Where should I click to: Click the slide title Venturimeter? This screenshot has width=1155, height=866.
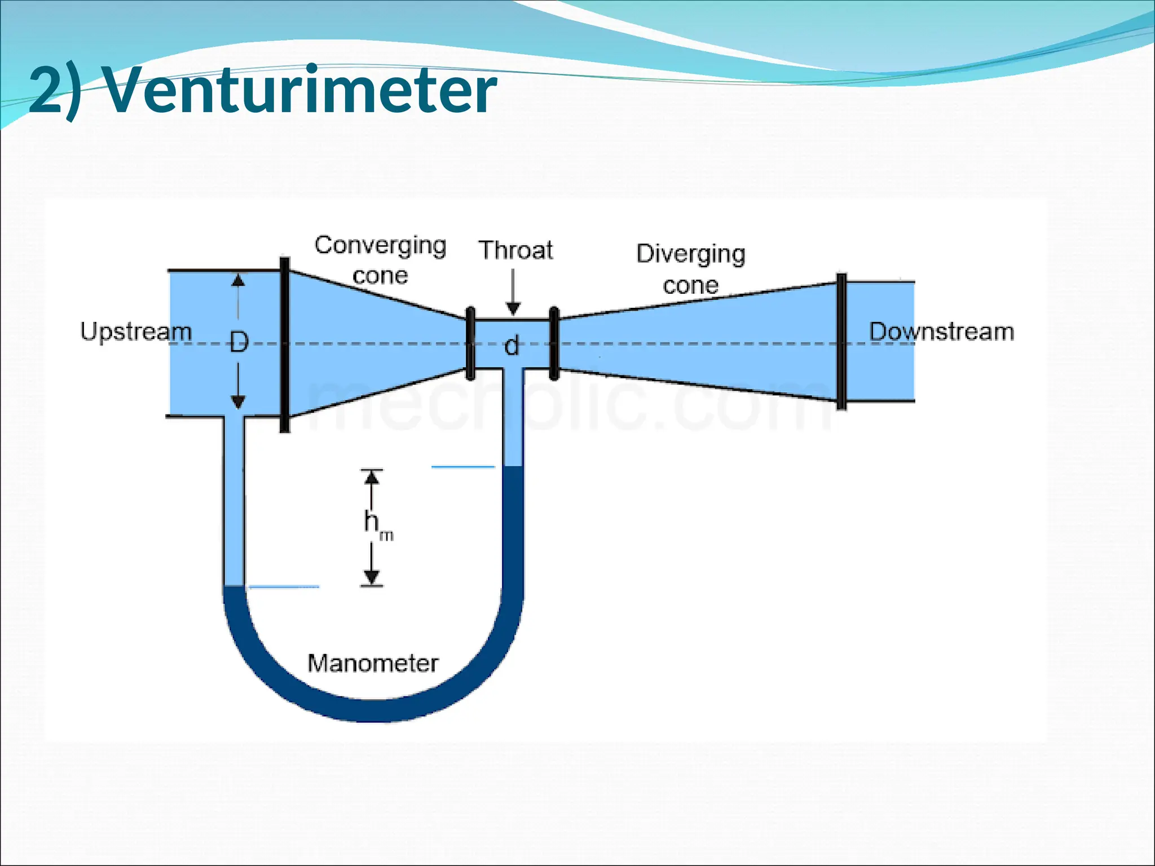[x=262, y=90]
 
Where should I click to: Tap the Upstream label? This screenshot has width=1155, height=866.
[x=136, y=331]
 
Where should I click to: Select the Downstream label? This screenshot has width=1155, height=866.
[x=941, y=331]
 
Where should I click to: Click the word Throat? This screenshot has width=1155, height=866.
[x=515, y=250]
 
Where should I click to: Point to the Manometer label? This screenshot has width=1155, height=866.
[x=373, y=663]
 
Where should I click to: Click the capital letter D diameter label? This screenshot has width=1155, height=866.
[x=239, y=342]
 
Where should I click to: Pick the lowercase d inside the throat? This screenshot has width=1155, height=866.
[x=512, y=345]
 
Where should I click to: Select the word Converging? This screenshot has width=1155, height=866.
[x=381, y=245]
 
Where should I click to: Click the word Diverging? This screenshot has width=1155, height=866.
[x=691, y=254]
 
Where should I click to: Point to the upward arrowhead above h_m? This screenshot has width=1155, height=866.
[x=372, y=478]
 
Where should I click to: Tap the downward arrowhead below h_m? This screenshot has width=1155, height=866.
[x=372, y=577]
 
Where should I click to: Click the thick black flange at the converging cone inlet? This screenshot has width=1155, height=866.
[x=285, y=344]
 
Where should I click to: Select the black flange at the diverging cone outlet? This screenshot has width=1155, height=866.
[x=841, y=341]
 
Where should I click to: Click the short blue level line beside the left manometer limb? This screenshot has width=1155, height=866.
[x=284, y=587]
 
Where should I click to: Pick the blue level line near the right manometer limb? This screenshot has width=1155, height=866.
[x=463, y=467]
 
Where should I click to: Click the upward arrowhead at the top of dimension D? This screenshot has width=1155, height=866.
[x=239, y=280]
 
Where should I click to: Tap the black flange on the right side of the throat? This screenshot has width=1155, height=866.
[x=554, y=343]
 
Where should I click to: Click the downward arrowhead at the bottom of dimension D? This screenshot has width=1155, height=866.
[x=239, y=401]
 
